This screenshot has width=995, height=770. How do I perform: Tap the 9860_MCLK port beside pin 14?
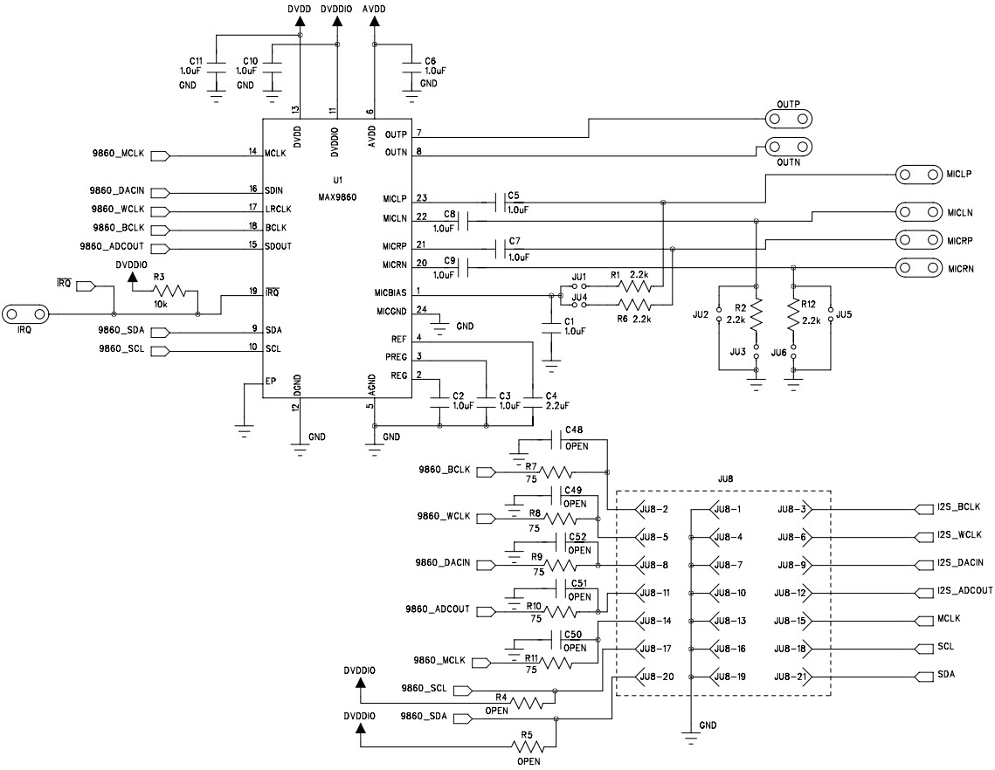pyautogui.click(x=160, y=157)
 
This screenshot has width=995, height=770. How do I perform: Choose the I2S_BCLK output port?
pyautogui.click(x=924, y=508)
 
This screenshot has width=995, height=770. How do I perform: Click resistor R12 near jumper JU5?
pyautogui.click(x=794, y=316)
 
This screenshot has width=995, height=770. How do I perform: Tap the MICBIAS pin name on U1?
pyautogui.click(x=391, y=291)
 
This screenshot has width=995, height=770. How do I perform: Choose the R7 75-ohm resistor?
pyautogui.click(x=556, y=472)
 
